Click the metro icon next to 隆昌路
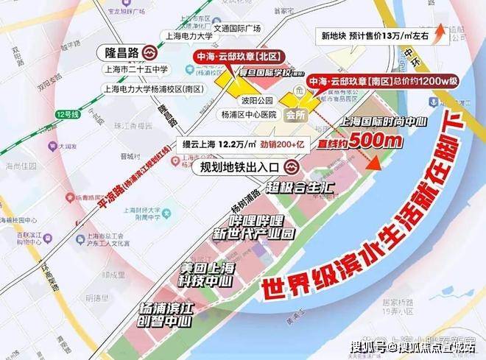(149, 54)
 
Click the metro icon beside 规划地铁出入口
(292, 167)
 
